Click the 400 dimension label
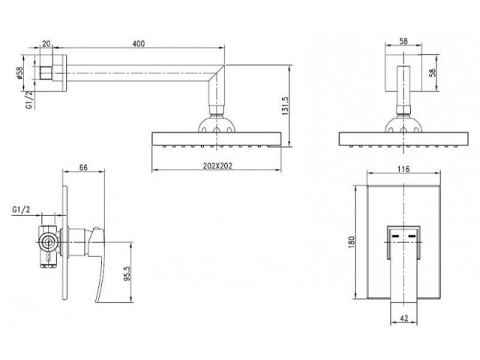138,43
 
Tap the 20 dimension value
46,43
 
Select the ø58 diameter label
19,73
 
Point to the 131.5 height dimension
285,106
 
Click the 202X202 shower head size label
217,166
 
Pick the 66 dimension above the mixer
83,167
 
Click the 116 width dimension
403,169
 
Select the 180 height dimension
351,241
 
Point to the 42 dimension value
404,318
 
